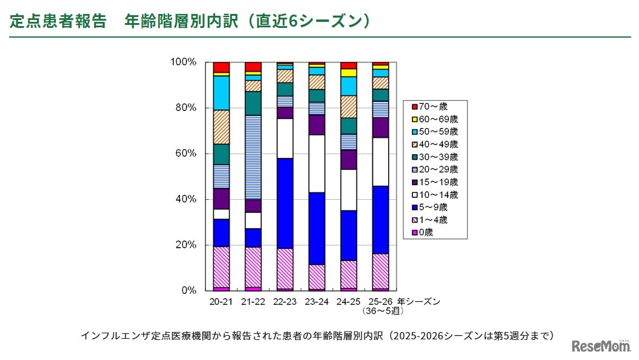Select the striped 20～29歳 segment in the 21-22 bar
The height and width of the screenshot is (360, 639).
[253, 157]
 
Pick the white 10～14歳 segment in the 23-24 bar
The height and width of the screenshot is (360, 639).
[316, 163]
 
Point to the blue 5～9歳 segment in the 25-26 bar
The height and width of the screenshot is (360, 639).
[380, 219]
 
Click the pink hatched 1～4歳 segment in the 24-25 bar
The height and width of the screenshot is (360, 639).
[348, 274]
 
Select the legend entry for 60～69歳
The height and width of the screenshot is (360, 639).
[435, 119]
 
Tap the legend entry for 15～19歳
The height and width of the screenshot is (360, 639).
[435, 182]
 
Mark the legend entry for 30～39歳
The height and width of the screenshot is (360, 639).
[435, 157]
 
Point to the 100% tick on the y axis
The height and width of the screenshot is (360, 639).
[183, 62]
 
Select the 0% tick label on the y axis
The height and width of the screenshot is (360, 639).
[187, 291]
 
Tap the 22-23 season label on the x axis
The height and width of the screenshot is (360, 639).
[284, 301]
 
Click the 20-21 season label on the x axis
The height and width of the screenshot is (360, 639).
[221, 301]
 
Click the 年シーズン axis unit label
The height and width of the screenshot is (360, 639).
[419, 301]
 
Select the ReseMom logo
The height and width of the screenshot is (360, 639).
[601, 345]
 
